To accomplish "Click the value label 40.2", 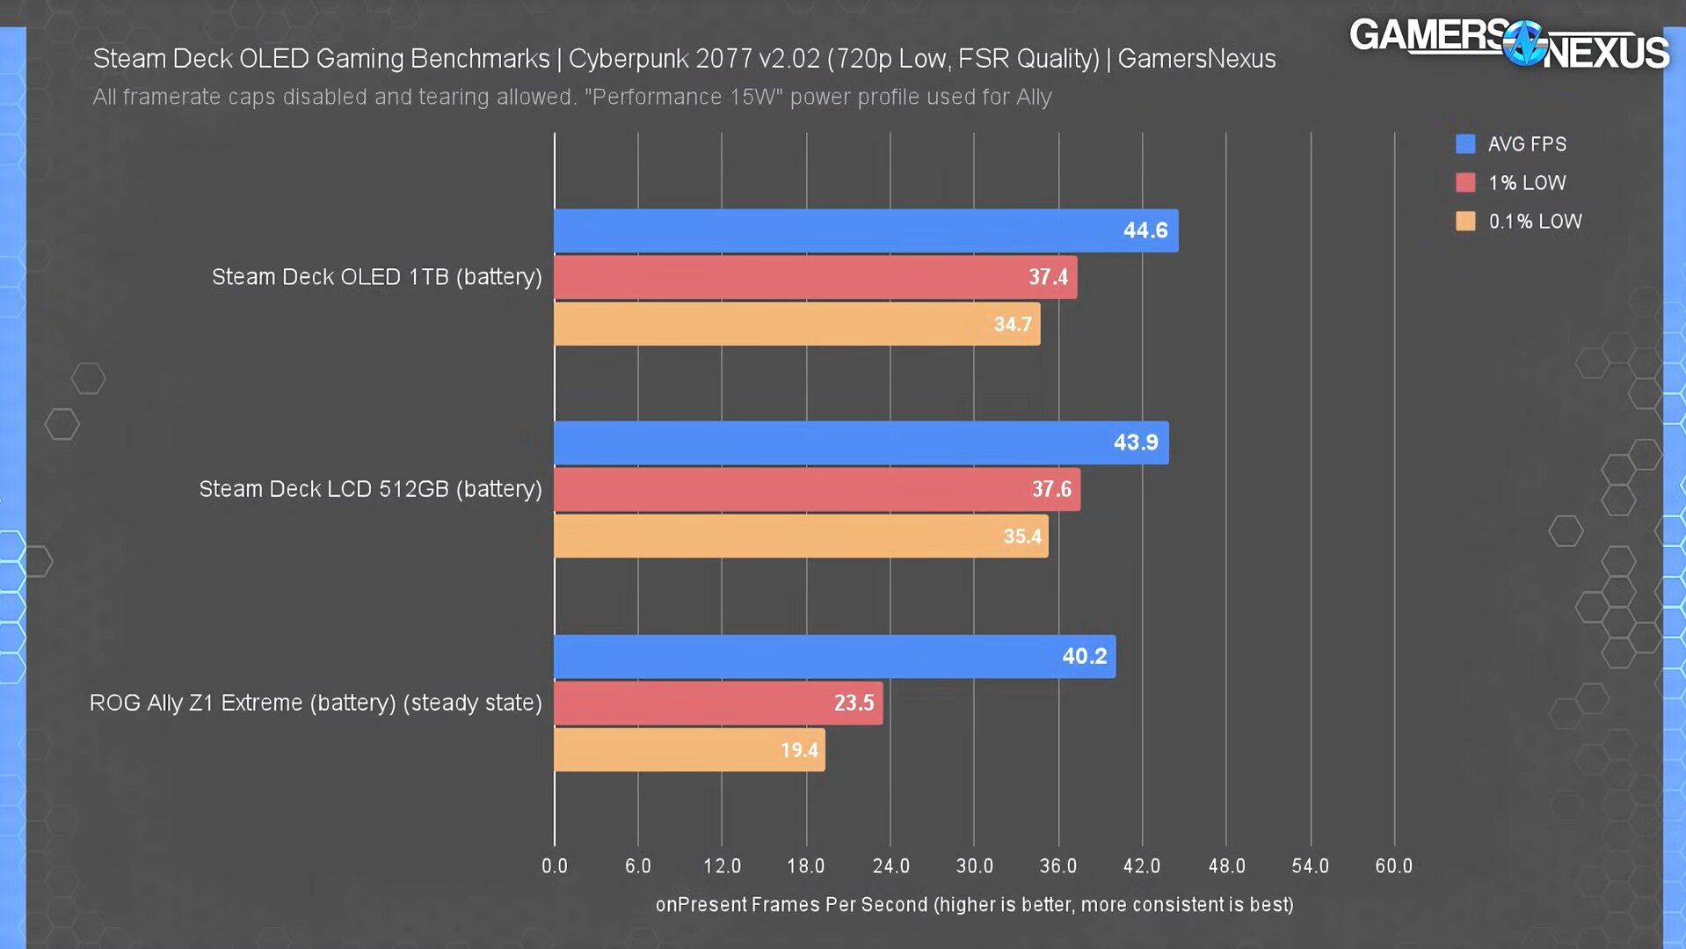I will (x=1084, y=656).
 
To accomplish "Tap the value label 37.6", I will (x=1051, y=489).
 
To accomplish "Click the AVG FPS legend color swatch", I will (x=1465, y=144).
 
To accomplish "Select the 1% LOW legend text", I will (x=1527, y=183).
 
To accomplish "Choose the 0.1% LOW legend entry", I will (x=1535, y=222).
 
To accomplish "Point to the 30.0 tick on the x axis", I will (x=974, y=866).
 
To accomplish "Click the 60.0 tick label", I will (x=1393, y=866).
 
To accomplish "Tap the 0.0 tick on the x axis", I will (x=555, y=866).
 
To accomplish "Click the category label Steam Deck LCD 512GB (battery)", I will (x=370, y=489).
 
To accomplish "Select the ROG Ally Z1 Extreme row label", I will (x=316, y=703).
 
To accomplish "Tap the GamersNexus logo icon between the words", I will (x=1524, y=42).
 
